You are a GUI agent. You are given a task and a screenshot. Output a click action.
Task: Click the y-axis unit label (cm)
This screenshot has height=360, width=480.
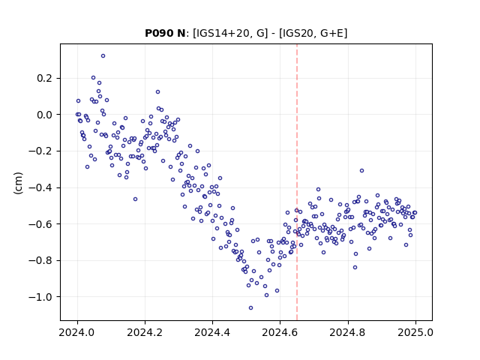[x=18, y=183]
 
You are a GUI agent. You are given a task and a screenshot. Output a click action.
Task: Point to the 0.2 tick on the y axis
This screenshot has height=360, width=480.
[x=44, y=78]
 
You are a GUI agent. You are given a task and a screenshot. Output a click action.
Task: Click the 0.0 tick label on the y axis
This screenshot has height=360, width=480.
[x=44, y=115]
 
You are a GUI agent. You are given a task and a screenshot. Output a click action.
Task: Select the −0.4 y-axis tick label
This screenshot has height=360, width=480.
[x=40, y=187]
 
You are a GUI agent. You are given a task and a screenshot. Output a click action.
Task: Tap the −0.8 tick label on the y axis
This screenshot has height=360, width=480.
[x=40, y=260]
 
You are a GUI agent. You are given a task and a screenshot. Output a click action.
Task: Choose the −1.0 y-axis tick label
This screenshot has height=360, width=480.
[x=40, y=297]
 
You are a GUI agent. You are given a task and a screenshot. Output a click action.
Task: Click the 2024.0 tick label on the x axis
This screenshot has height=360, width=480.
[x=77, y=332]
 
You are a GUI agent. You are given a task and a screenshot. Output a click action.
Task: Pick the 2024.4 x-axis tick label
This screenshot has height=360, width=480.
[x=212, y=332]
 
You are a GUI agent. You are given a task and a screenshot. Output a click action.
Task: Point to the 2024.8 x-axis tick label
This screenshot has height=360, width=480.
[x=347, y=332]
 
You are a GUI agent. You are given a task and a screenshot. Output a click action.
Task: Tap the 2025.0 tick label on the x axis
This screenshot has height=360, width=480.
[x=415, y=332]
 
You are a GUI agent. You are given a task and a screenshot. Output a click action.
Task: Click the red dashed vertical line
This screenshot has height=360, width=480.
[x=297, y=182]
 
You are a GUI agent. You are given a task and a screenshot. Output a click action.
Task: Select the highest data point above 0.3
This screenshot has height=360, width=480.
[x=103, y=56]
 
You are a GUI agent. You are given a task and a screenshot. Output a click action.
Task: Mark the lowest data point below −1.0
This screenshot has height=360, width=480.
[x=250, y=308]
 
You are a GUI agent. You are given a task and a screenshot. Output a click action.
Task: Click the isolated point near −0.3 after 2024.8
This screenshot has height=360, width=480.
[x=361, y=171]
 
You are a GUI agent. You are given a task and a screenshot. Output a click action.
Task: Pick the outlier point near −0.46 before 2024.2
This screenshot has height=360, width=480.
[x=135, y=199]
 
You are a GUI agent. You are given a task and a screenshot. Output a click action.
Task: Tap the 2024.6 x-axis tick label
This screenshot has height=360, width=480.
[x=280, y=332]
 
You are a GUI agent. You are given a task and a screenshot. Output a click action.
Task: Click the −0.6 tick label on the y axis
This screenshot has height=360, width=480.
[x=40, y=224]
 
